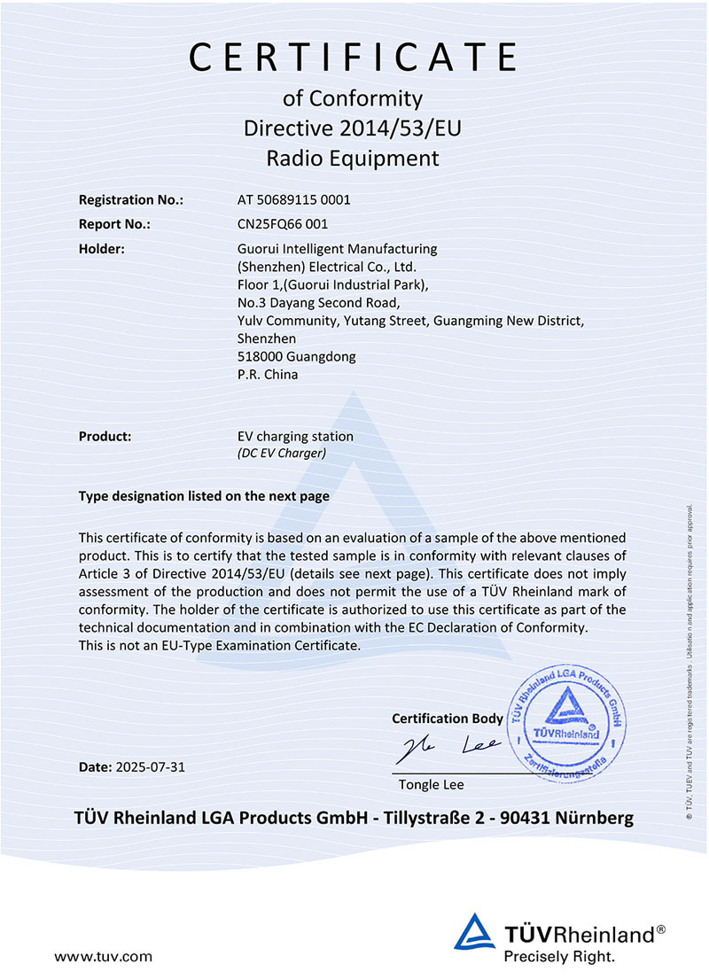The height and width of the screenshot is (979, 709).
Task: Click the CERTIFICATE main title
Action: click(x=353, y=57)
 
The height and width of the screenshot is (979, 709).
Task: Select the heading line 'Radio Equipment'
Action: click(x=353, y=159)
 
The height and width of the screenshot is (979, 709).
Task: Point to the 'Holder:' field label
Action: click(x=101, y=249)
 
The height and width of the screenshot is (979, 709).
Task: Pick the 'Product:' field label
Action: click(x=105, y=436)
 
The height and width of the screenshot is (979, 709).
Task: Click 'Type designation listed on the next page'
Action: click(x=204, y=496)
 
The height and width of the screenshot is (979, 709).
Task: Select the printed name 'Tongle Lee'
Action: click(x=431, y=785)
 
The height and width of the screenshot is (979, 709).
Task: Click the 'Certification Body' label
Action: click(x=447, y=718)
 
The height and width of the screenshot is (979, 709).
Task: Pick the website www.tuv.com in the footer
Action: click(x=104, y=956)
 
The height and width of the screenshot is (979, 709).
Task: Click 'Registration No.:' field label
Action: click(x=131, y=200)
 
